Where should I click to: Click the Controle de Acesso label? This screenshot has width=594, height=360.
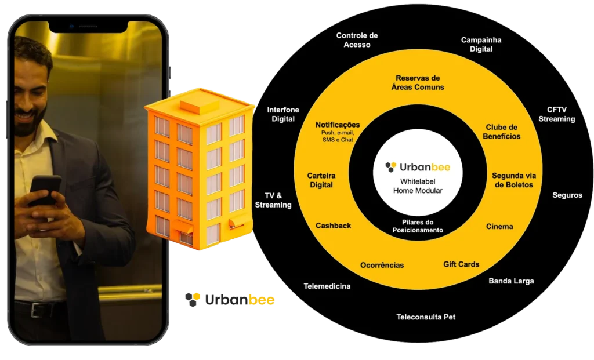(357, 40)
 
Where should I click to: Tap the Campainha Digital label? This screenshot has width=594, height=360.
(481, 45)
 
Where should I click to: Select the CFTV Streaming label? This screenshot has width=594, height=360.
(556, 114)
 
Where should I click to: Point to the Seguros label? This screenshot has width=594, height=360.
(567, 195)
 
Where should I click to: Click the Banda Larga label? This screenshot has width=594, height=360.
(511, 281)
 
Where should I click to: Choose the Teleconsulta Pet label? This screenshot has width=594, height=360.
(426, 318)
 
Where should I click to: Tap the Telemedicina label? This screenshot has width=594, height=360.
(327, 286)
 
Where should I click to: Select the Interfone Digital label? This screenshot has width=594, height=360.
(283, 114)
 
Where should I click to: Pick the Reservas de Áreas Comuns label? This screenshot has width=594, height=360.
(418, 82)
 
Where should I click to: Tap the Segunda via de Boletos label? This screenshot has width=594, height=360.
(512, 180)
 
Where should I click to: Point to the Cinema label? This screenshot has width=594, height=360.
(499, 227)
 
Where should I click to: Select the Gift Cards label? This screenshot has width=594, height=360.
(461, 264)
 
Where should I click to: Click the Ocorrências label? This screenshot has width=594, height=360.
(382, 265)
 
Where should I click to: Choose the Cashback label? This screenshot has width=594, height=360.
(333, 226)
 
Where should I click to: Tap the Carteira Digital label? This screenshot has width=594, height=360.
(321, 180)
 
